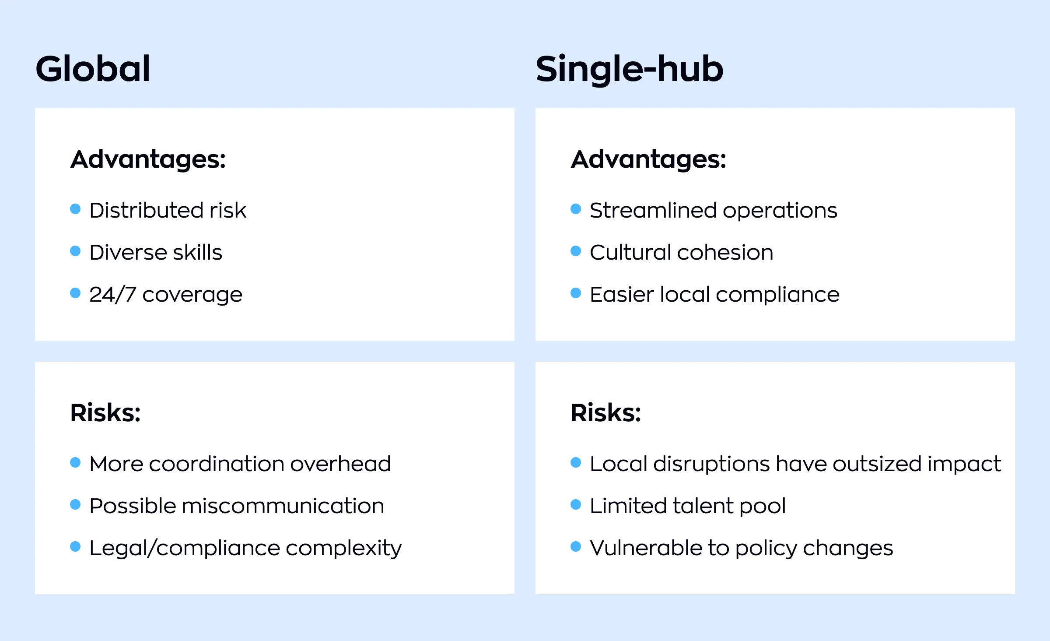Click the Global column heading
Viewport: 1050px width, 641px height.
(x=93, y=69)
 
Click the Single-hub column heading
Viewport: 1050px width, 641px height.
(x=630, y=69)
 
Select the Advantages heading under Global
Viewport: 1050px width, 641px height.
(x=148, y=159)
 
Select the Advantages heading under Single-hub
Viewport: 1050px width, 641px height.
(x=648, y=159)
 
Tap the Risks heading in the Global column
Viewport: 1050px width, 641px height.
(x=105, y=412)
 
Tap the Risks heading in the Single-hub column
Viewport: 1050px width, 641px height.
(x=606, y=412)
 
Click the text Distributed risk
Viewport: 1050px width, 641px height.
(x=168, y=210)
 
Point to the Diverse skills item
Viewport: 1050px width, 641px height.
(x=156, y=252)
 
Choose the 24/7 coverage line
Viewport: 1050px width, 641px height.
(x=166, y=294)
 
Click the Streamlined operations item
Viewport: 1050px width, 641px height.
(x=713, y=210)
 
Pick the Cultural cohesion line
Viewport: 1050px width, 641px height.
(x=681, y=252)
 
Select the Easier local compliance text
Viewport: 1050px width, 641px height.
(x=714, y=294)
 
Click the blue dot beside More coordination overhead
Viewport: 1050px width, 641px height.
(x=75, y=462)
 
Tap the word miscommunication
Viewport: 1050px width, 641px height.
(x=283, y=506)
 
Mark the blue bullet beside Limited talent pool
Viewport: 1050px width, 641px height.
(x=576, y=504)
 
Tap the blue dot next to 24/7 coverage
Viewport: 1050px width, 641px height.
(x=75, y=293)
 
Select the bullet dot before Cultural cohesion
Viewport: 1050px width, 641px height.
(x=576, y=251)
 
